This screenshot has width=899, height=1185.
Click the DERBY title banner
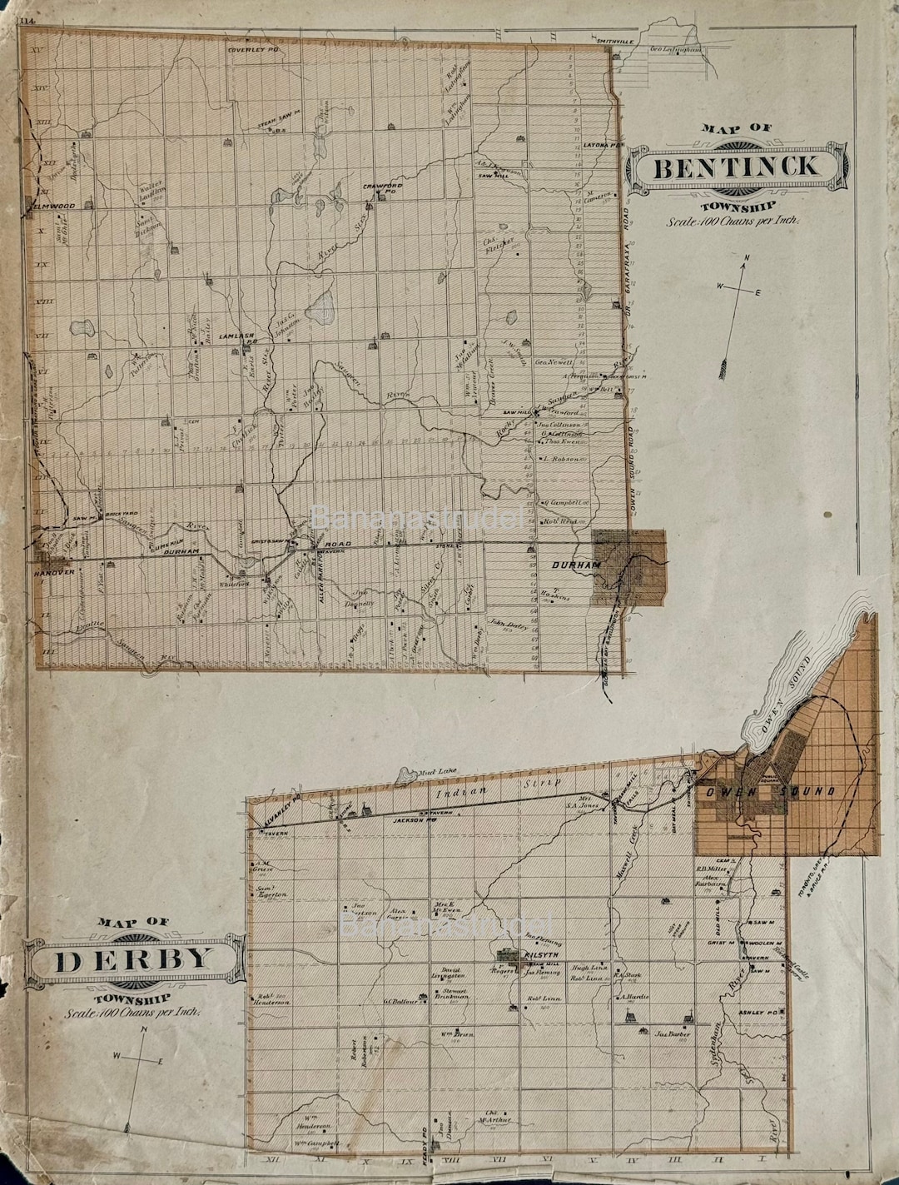(x=133, y=961)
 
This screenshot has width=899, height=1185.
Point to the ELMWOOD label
(x=52, y=203)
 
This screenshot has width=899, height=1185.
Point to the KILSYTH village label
(x=538, y=956)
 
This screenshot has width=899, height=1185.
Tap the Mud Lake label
(x=436, y=771)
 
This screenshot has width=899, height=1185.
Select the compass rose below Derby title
(x=139, y=1058)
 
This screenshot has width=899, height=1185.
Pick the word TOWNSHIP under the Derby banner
(x=133, y=998)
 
